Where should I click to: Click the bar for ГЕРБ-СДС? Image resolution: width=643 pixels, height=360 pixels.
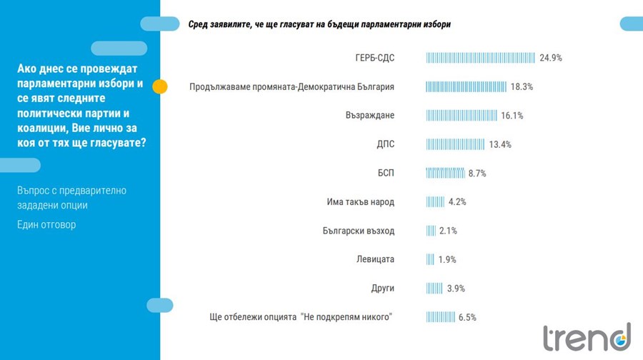point(481,58)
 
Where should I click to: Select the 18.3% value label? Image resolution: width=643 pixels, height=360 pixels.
point(522,87)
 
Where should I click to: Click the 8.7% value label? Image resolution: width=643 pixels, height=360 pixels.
point(477,173)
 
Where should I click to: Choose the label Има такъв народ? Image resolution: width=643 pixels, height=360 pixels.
point(356,202)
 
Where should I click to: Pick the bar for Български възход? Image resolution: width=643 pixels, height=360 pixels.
point(431,231)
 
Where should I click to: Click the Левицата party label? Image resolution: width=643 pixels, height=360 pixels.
point(375,259)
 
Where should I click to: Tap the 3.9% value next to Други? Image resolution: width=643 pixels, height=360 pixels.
point(456,289)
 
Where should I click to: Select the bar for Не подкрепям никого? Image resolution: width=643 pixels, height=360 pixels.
point(441,317)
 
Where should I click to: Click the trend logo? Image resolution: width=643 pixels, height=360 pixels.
point(587,336)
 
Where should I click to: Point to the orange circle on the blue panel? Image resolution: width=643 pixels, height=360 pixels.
point(160,87)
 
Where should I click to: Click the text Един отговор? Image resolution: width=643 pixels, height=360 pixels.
point(46,225)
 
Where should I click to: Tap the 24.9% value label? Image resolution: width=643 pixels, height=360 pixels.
point(551,58)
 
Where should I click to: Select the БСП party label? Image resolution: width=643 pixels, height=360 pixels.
point(386,173)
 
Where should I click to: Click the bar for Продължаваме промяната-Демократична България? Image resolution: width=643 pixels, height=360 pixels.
point(466,87)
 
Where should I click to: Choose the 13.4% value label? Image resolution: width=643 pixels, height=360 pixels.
point(500,144)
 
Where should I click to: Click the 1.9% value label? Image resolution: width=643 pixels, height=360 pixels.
point(447,259)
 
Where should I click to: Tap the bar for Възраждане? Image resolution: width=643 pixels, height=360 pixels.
point(462,116)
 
